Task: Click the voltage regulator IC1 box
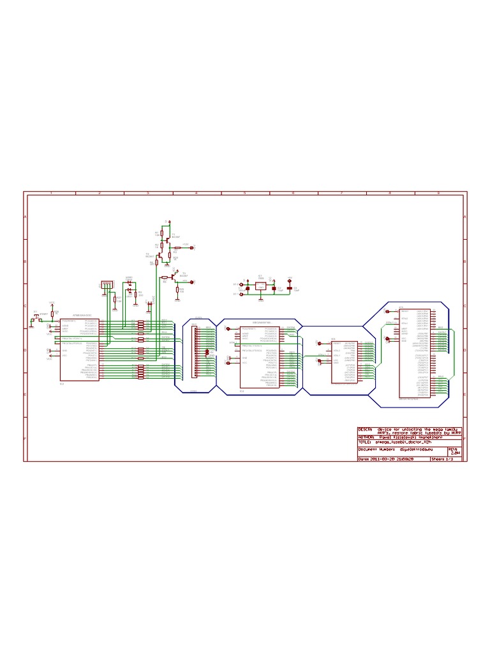click(260, 286)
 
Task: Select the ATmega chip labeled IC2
click(80, 349)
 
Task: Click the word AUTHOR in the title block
click(367, 437)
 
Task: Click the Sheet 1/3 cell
click(445, 459)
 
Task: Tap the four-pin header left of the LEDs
click(107, 285)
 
